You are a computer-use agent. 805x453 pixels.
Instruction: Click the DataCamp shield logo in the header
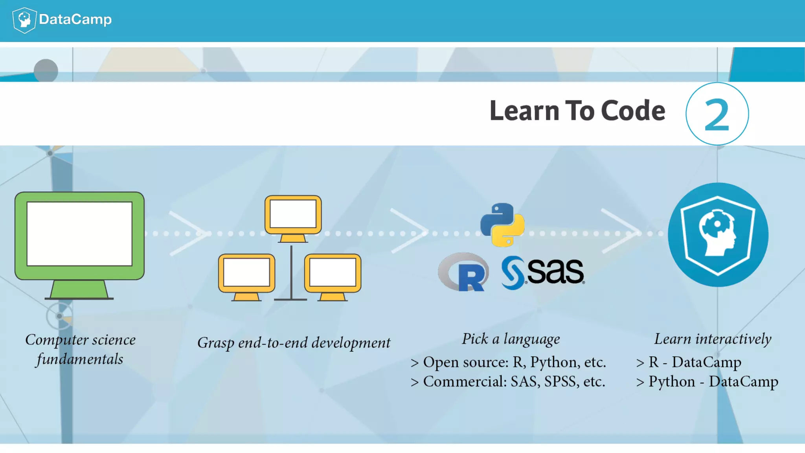24,20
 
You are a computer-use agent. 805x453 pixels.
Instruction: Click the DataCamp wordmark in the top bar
75,19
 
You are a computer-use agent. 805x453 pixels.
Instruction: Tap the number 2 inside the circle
717,115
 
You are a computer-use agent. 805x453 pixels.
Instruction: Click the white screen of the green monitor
79,234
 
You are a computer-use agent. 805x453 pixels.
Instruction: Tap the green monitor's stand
79,290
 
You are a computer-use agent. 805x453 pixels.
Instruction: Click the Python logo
502,225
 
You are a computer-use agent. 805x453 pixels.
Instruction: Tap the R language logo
464,272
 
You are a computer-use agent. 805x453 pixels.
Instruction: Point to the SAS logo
543,272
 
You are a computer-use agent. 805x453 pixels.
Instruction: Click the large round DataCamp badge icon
718,235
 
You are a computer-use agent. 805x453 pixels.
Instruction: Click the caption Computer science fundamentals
80,349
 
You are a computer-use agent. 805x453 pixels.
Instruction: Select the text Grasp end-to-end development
294,343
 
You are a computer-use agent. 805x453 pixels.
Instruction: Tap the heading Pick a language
511,339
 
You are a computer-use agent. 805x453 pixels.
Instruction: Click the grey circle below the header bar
46,70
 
